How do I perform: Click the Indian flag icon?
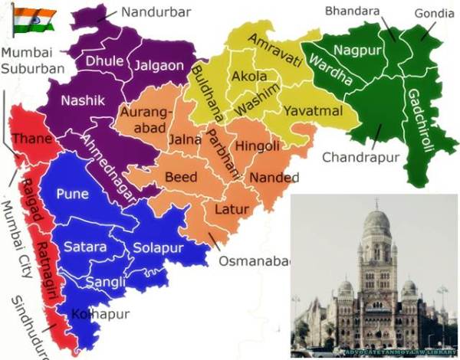tap(32, 20)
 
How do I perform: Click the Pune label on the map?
tap(72, 194)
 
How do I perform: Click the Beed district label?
tap(182, 178)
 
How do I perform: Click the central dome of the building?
tap(376, 222)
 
